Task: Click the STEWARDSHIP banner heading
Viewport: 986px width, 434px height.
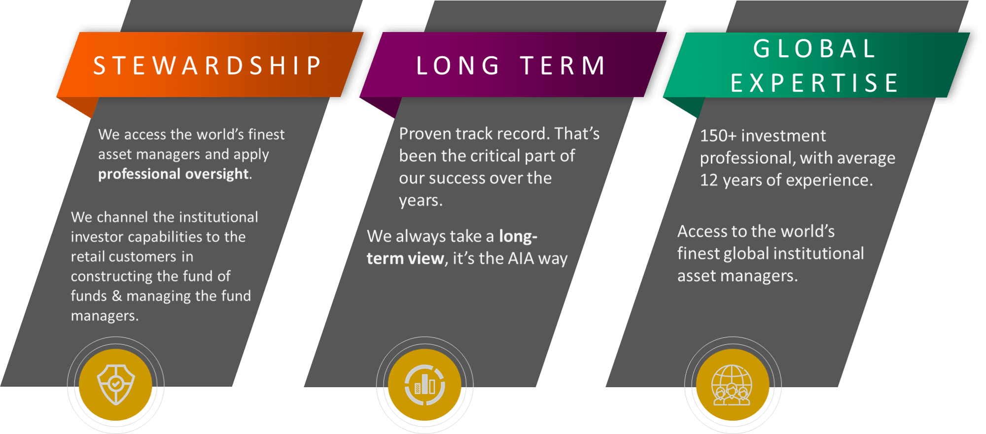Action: click(x=208, y=66)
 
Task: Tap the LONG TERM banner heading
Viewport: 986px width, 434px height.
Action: click(x=511, y=66)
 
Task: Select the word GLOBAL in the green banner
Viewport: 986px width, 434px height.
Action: click(x=814, y=48)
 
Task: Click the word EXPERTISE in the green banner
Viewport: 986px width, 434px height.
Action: click(x=814, y=83)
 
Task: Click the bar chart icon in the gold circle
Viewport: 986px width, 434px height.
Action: click(x=424, y=385)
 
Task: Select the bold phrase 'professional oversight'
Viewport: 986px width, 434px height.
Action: click(x=174, y=174)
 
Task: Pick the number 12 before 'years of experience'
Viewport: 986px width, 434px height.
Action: click(x=709, y=180)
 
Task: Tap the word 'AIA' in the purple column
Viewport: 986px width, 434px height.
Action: click(x=521, y=258)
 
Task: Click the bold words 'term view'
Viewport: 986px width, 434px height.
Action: click(x=405, y=258)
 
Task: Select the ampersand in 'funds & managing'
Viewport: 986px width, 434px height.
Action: click(x=117, y=296)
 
